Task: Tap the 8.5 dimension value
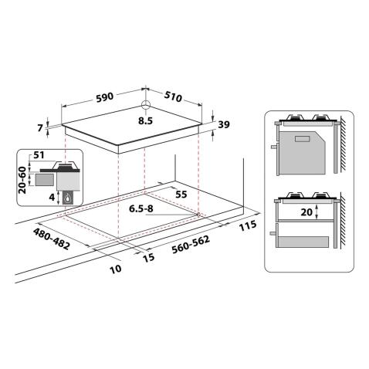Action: click(146, 121)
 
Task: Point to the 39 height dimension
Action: click(225, 125)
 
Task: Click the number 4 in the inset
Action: click(51, 198)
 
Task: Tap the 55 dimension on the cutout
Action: click(181, 193)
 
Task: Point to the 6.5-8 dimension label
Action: click(140, 209)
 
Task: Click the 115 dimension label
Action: click(247, 227)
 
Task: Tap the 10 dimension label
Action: click(116, 269)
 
